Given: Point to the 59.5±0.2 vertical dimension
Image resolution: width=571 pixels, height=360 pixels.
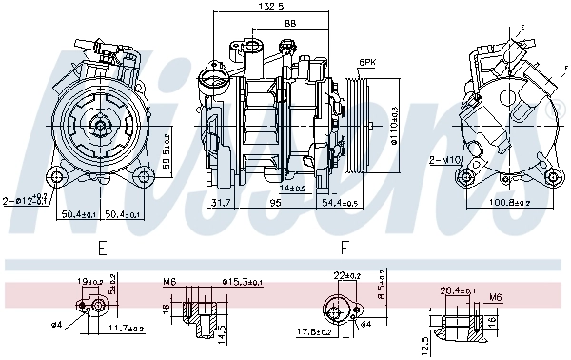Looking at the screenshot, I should point(167,150).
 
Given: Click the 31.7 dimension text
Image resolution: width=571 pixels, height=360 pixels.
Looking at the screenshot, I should point(220,202).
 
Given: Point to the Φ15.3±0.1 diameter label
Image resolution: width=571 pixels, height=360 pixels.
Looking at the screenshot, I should point(242,283).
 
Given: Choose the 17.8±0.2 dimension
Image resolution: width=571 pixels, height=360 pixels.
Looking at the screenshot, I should point(314,331).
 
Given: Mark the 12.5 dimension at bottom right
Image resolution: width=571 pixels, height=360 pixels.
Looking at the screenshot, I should point(425,339).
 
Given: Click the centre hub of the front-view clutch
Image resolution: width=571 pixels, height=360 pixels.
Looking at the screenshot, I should point(99,126).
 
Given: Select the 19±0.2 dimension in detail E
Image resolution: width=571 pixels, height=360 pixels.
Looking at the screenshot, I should point(91,282).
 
